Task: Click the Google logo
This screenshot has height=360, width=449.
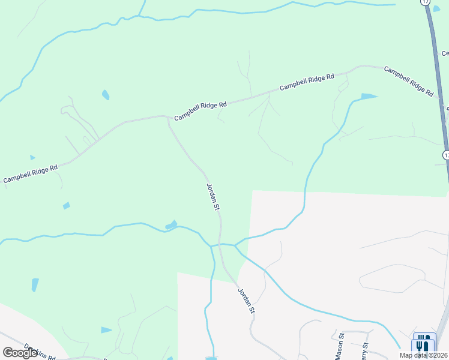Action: [x=20, y=353]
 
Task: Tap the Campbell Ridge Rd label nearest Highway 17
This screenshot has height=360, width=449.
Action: [x=409, y=82]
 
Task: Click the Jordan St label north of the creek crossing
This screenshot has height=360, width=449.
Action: [x=213, y=197]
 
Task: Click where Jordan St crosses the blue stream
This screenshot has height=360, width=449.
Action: [x=221, y=245]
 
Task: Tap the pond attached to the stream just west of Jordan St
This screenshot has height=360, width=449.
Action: [x=171, y=226]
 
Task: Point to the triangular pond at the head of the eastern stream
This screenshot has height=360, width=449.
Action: [x=369, y=96]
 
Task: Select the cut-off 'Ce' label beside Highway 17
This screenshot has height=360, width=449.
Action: [x=445, y=53]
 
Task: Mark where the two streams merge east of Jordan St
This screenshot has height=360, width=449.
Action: [x=235, y=245]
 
